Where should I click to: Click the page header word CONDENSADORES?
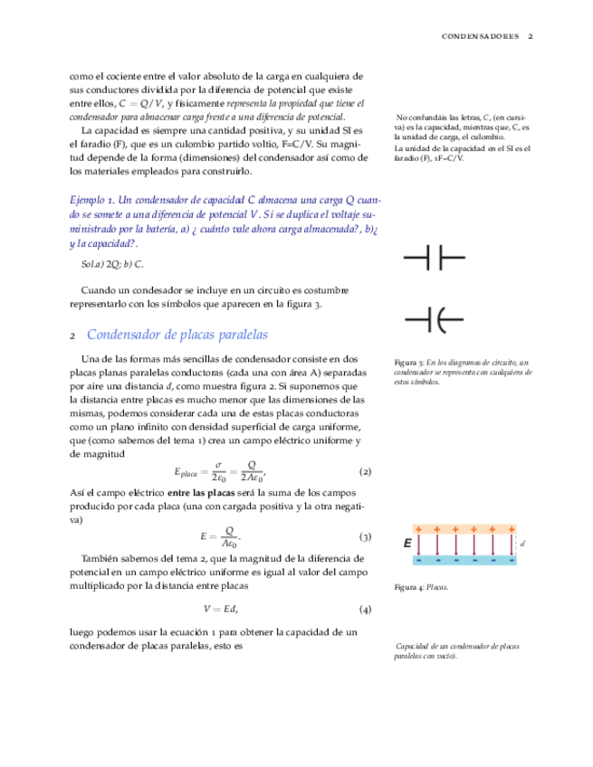point(480,37)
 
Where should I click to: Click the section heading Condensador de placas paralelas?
point(177,335)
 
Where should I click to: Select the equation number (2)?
point(366,472)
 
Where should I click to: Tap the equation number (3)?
point(366,537)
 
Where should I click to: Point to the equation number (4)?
point(366,609)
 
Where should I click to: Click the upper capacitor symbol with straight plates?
point(433,260)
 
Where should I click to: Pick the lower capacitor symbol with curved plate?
point(433,319)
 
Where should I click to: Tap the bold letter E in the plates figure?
point(408,544)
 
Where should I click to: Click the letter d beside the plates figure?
point(523,544)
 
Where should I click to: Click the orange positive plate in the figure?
point(464,529)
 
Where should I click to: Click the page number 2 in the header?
point(531,37)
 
